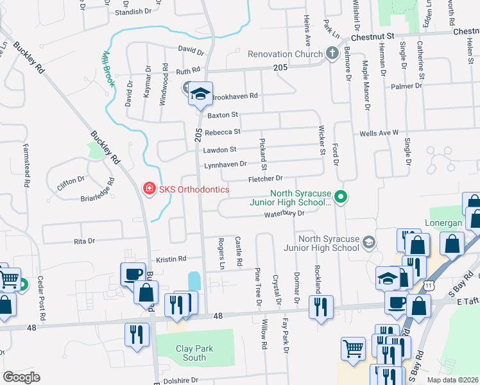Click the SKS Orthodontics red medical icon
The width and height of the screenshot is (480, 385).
pos(148,188)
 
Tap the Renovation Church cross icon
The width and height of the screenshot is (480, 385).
pos(332,53)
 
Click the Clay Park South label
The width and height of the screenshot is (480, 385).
pos(194,353)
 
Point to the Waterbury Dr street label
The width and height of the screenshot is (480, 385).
pos(282,214)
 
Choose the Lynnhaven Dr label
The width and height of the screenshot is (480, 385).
pos(225,165)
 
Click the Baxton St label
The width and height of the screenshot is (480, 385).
pos(223,116)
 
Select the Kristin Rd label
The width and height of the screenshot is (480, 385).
pos(171,259)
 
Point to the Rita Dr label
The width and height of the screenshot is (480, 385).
pos(84,241)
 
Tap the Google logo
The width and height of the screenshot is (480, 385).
pos(21,377)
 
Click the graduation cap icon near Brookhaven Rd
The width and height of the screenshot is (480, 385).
pos(200,95)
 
